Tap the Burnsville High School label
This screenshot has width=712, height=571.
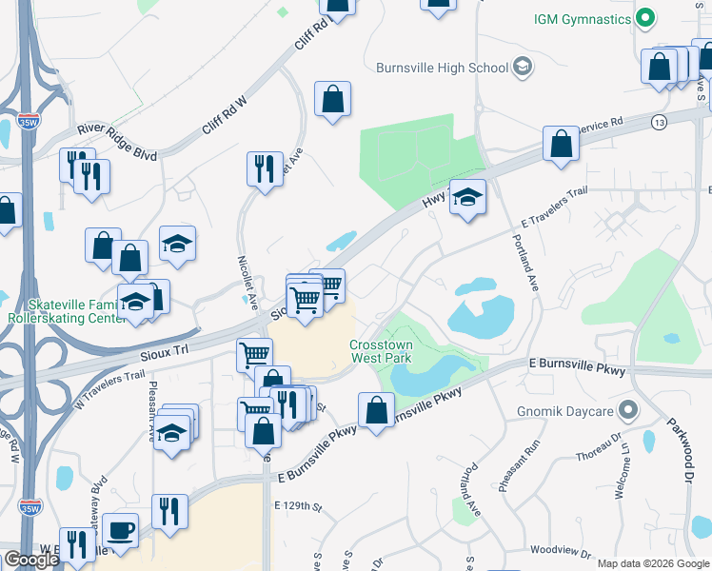tap(443, 68)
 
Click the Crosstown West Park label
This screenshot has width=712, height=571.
tap(386, 353)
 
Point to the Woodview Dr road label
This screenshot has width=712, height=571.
tap(562, 551)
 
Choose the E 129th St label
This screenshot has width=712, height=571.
tap(298, 505)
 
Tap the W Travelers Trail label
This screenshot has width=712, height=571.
tap(108, 390)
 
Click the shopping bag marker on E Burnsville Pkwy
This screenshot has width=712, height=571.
tap(377, 410)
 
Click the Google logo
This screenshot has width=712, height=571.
tap(31, 560)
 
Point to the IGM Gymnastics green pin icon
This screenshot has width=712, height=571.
tap(645, 18)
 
